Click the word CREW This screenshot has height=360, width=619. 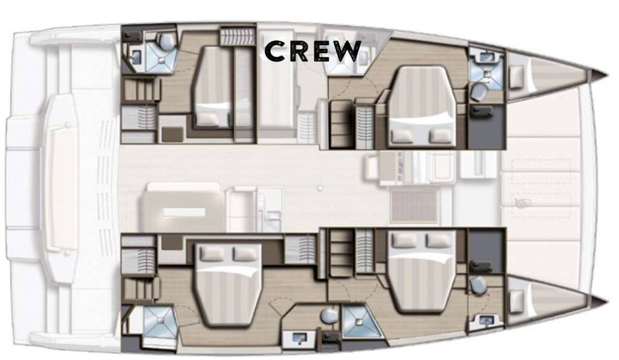pyautogui.click(x=313, y=52)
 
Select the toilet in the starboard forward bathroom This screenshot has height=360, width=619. pyautogui.click(x=478, y=284)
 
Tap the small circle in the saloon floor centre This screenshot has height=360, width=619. pyautogui.click(x=320, y=189)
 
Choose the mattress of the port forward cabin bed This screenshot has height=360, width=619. pyautogui.click(x=421, y=107)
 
